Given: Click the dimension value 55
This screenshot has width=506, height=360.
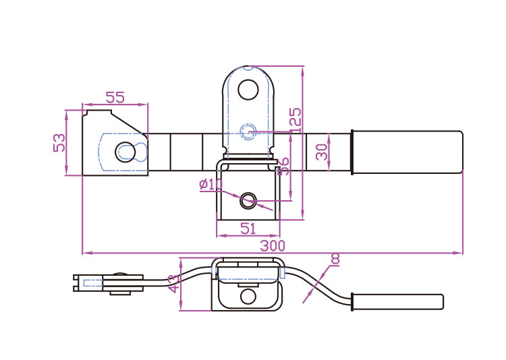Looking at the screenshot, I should coord(115,97).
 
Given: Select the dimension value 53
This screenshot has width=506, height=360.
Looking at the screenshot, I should coord(60,142).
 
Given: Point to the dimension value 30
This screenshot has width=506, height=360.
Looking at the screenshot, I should coord(322,150).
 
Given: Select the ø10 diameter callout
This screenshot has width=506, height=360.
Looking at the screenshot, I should coord(210,184).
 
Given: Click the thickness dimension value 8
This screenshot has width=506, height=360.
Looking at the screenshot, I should coord(335,259).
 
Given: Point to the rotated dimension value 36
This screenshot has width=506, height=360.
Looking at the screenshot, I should coord(283,166).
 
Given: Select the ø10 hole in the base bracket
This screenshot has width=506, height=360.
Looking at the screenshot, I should coord(248,199).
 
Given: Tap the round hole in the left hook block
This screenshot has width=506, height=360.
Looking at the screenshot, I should coord(125,151).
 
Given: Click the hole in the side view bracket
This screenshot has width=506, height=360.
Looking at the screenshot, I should coord(248,296).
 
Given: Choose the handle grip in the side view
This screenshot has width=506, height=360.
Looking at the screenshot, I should coord(398,301).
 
